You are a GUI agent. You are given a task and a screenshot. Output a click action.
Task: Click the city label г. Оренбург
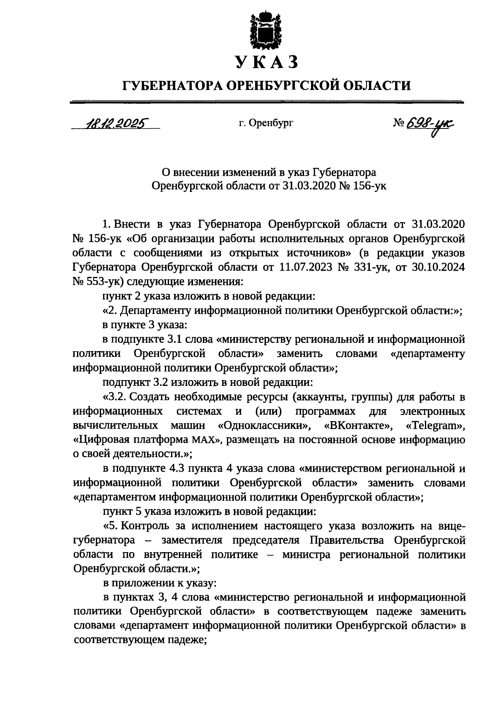pyautogui.click(x=265, y=123)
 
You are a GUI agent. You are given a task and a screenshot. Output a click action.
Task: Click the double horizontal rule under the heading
pyautogui.click(x=266, y=102)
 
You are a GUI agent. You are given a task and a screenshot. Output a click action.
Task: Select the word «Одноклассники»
pyautogui.click(x=264, y=426)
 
